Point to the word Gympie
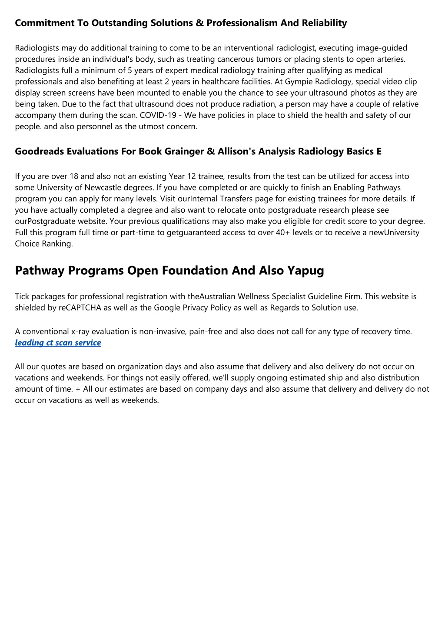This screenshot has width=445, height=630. [297, 82]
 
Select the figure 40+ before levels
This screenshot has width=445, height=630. [283, 233]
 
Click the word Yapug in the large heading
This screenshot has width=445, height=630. [306, 270]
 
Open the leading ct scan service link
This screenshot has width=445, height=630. [58, 343]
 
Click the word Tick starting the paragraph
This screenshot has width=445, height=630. [22, 297]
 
